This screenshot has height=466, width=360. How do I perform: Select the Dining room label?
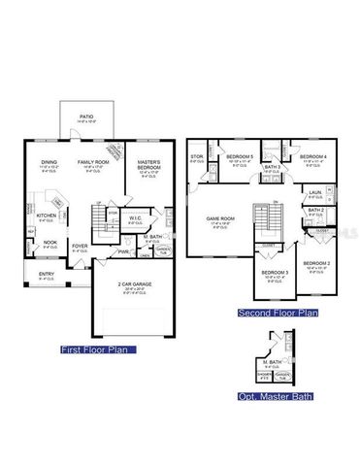[49, 162]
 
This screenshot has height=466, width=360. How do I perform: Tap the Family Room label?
[94, 162]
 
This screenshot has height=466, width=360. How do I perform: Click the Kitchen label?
[46, 216]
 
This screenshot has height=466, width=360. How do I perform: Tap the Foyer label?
[80, 245]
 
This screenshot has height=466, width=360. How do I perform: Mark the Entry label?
[47, 274]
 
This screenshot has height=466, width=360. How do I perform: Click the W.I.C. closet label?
[135, 218]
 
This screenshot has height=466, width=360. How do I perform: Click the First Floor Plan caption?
[97, 349]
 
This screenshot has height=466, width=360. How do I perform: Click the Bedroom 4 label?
[311, 156]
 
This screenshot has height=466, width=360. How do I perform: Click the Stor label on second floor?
[197, 155]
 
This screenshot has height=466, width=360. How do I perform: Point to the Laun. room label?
[315, 193]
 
